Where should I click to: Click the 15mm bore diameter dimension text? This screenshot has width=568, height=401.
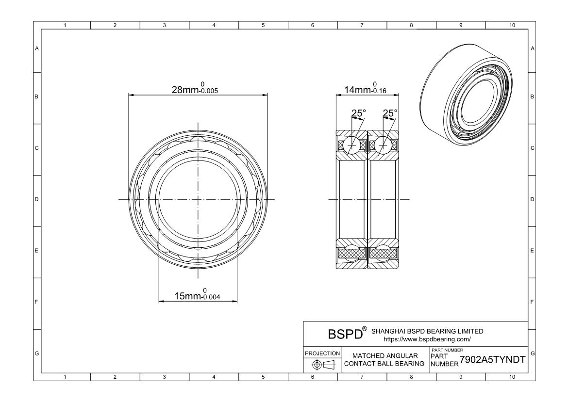(x=198, y=295)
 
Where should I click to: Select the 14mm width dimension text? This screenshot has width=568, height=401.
(x=365, y=88)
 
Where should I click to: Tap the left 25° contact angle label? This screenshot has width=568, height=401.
(x=359, y=113)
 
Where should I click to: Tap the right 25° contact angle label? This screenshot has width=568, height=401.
(x=390, y=113)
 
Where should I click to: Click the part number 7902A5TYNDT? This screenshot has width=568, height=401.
(x=492, y=359)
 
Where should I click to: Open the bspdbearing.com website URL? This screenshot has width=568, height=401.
(x=427, y=339)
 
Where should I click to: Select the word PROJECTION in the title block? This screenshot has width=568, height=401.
(x=322, y=353)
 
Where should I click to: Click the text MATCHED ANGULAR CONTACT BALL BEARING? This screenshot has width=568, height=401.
(x=384, y=359)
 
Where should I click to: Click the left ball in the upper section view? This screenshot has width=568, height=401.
(x=352, y=145)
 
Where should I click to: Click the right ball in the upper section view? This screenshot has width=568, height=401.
(x=383, y=145)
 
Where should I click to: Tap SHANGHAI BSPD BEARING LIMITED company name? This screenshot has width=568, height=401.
(x=427, y=331)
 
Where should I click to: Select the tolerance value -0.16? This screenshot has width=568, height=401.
(x=379, y=91)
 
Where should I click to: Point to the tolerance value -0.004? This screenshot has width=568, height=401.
(x=211, y=297)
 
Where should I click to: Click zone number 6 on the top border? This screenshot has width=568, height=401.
(x=313, y=25)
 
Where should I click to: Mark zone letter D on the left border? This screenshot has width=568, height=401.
(x=36, y=199)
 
